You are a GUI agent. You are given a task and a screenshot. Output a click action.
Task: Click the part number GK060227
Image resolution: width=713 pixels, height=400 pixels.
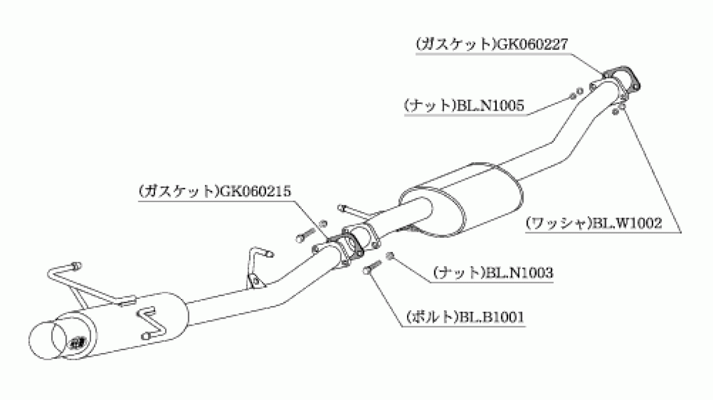pyautogui.click(x=532, y=44)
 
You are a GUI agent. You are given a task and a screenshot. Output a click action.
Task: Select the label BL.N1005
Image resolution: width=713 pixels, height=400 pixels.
pyautogui.click(x=491, y=105)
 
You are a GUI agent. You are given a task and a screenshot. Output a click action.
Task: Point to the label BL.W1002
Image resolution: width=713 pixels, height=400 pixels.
pyautogui.click(x=627, y=223)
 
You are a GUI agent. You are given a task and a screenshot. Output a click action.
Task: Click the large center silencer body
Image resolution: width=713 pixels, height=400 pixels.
pyautogui.click(x=462, y=200)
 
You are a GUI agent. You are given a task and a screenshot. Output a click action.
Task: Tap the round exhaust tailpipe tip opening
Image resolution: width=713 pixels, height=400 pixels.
pyautogui.click(x=48, y=341)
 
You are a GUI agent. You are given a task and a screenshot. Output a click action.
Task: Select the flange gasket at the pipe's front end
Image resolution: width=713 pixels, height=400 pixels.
pyautogui.click(x=621, y=78)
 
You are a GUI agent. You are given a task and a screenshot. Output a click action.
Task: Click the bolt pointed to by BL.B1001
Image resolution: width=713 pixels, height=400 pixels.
pyautogui.click(x=372, y=267)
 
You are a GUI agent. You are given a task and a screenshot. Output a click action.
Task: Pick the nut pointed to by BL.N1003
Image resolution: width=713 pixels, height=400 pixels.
pyautogui.click(x=390, y=256)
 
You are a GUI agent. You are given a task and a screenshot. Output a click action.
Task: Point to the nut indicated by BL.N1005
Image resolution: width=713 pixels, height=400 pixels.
pyautogui.click(x=576, y=93)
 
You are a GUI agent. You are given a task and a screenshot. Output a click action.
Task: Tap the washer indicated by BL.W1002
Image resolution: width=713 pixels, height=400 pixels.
pyautogui.click(x=619, y=109)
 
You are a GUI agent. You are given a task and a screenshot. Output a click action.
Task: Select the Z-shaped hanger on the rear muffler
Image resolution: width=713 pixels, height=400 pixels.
pyautogui.click(x=151, y=323)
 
